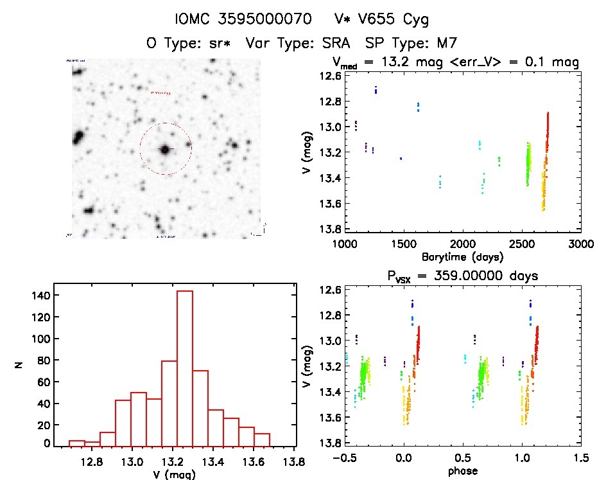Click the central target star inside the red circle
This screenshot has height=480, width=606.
click(x=165, y=149)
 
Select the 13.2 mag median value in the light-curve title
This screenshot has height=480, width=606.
click(x=393, y=62)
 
